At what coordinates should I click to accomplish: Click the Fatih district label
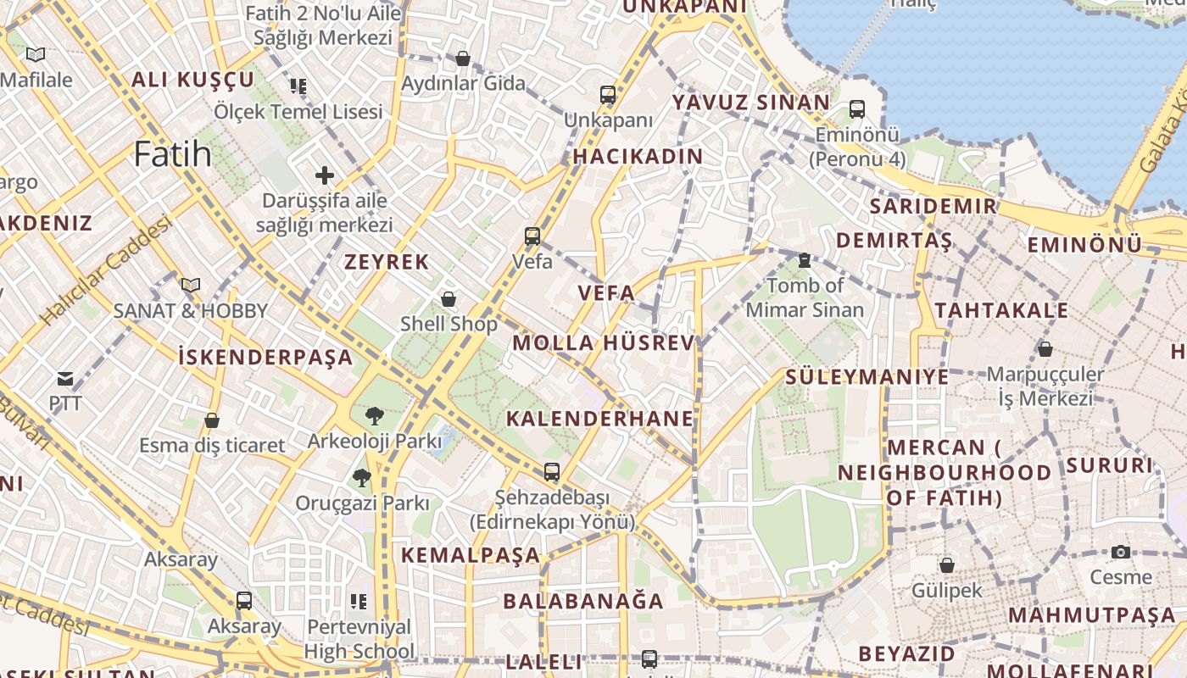click(173, 154)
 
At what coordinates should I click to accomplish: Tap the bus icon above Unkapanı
click(608, 94)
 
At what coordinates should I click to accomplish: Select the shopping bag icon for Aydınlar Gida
click(463, 58)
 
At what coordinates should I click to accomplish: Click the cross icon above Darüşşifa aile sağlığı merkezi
click(325, 175)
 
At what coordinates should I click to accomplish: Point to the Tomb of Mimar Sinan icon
click(805, 259)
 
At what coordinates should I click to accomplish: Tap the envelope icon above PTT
click(65, 378)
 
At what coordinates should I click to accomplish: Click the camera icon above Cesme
click(1121, 553)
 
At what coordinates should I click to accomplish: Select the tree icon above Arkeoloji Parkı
click(374, 415)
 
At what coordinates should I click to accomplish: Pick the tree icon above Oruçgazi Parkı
click(362, 477)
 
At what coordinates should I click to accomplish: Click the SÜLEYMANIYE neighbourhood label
click(867, 376)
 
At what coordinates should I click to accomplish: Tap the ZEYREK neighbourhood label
click(387, 262)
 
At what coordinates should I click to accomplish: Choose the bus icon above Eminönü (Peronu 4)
click(857, 108)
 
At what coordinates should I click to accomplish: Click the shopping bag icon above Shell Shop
click(449, 299)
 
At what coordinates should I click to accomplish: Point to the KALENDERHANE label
click(600, 419)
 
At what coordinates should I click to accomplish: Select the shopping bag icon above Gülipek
click(947, 565)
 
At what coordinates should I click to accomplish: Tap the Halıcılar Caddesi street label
click(107, 270)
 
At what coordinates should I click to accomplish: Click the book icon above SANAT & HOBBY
click(191, 285)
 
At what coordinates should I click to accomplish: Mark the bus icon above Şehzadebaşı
click(552, 472)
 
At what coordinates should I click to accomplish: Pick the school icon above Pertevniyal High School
click(359, 602)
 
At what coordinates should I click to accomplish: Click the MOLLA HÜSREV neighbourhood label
click(604, 343)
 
